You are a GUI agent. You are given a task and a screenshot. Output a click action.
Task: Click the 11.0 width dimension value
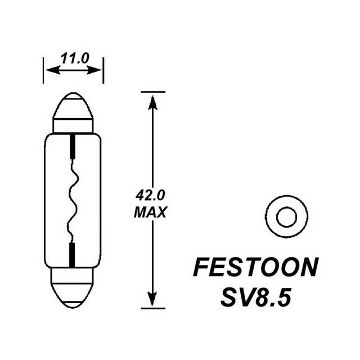tap(74, 58)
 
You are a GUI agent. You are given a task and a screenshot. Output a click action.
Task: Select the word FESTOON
tap(255, 268)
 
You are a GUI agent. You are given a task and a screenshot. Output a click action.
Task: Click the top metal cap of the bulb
tap(73, 112)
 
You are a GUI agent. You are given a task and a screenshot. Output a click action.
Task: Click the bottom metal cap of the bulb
tap(73, 287)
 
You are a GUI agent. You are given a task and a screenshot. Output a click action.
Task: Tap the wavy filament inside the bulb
tap(73, 200)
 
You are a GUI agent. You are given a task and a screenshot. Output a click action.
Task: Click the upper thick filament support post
tap(73, 147)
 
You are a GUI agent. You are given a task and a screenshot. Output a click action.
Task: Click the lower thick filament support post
tap(73, 254)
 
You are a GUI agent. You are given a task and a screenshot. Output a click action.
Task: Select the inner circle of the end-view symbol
tap(286, 216)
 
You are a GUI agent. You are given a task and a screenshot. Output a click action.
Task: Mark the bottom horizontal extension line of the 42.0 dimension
tap(152, 308)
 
